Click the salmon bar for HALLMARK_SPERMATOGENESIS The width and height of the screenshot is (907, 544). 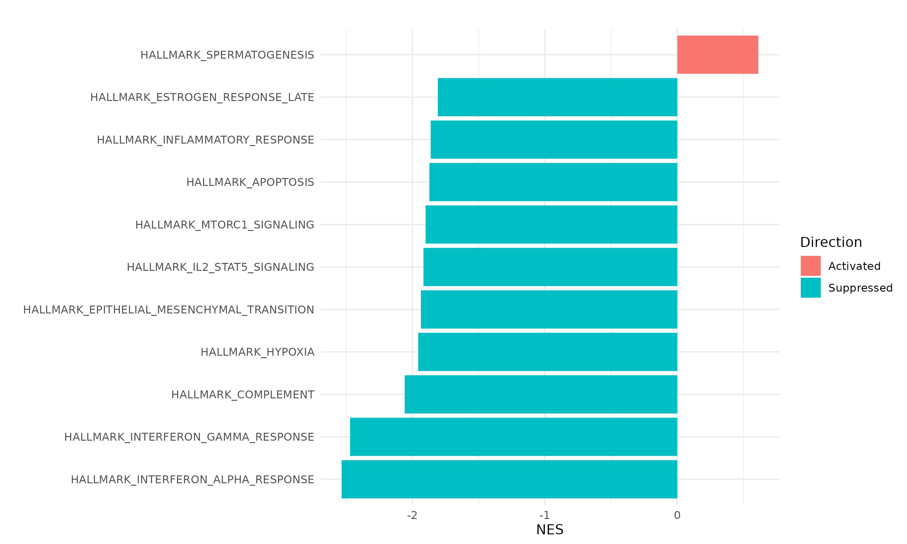[717, 55]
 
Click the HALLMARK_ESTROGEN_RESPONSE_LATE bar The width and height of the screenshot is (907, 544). [557, 97]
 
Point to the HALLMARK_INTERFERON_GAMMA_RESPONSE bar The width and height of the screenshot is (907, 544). [513, 437]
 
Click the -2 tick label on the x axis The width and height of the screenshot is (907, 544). [412, 515]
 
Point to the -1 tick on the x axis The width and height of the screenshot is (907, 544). [545, 515]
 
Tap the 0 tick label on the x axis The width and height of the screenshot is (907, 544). [677, 515]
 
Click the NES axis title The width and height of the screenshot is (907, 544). [550, 530]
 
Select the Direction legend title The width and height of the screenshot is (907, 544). [831, 242]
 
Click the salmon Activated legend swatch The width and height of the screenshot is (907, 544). [811, 266]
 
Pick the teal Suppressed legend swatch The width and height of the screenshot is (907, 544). [811, 288]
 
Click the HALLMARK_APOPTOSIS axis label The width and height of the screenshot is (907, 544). [250, 182]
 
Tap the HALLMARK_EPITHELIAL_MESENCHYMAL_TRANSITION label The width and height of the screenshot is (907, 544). [169, 310]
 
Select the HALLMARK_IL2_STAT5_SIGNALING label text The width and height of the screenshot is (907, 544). [220, 267]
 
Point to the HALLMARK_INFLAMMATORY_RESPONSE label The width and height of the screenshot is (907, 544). [205, 140]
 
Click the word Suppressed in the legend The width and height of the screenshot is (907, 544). [860, 288]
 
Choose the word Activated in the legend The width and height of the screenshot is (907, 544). [854, 266]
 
